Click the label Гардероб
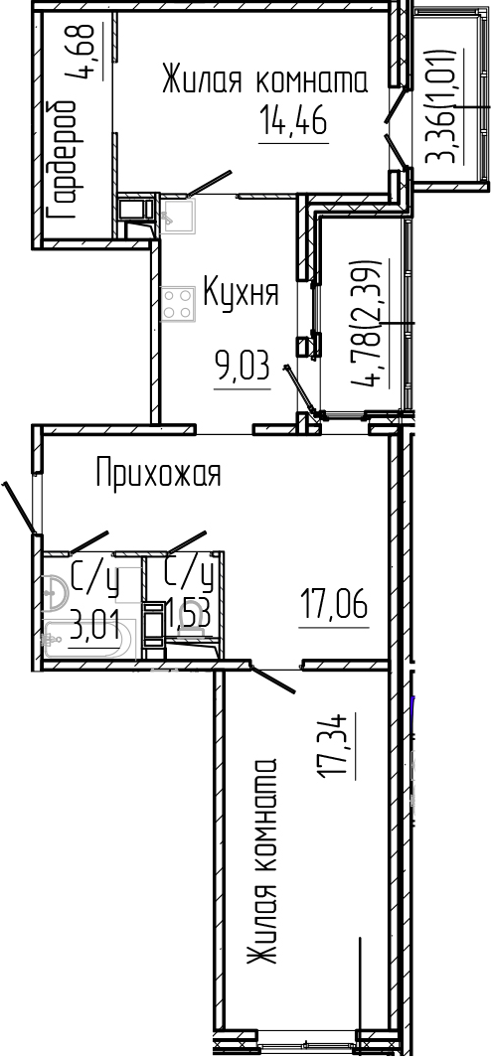[x=63, y=159]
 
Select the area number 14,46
[x=293, y=124]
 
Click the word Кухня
[x=240, y=293]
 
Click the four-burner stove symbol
[x=178, y=303]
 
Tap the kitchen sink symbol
[x=180, y=214]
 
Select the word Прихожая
[x=157, y=474]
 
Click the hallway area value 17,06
[x=334, y=604]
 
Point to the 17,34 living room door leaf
[x=267, y=679]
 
